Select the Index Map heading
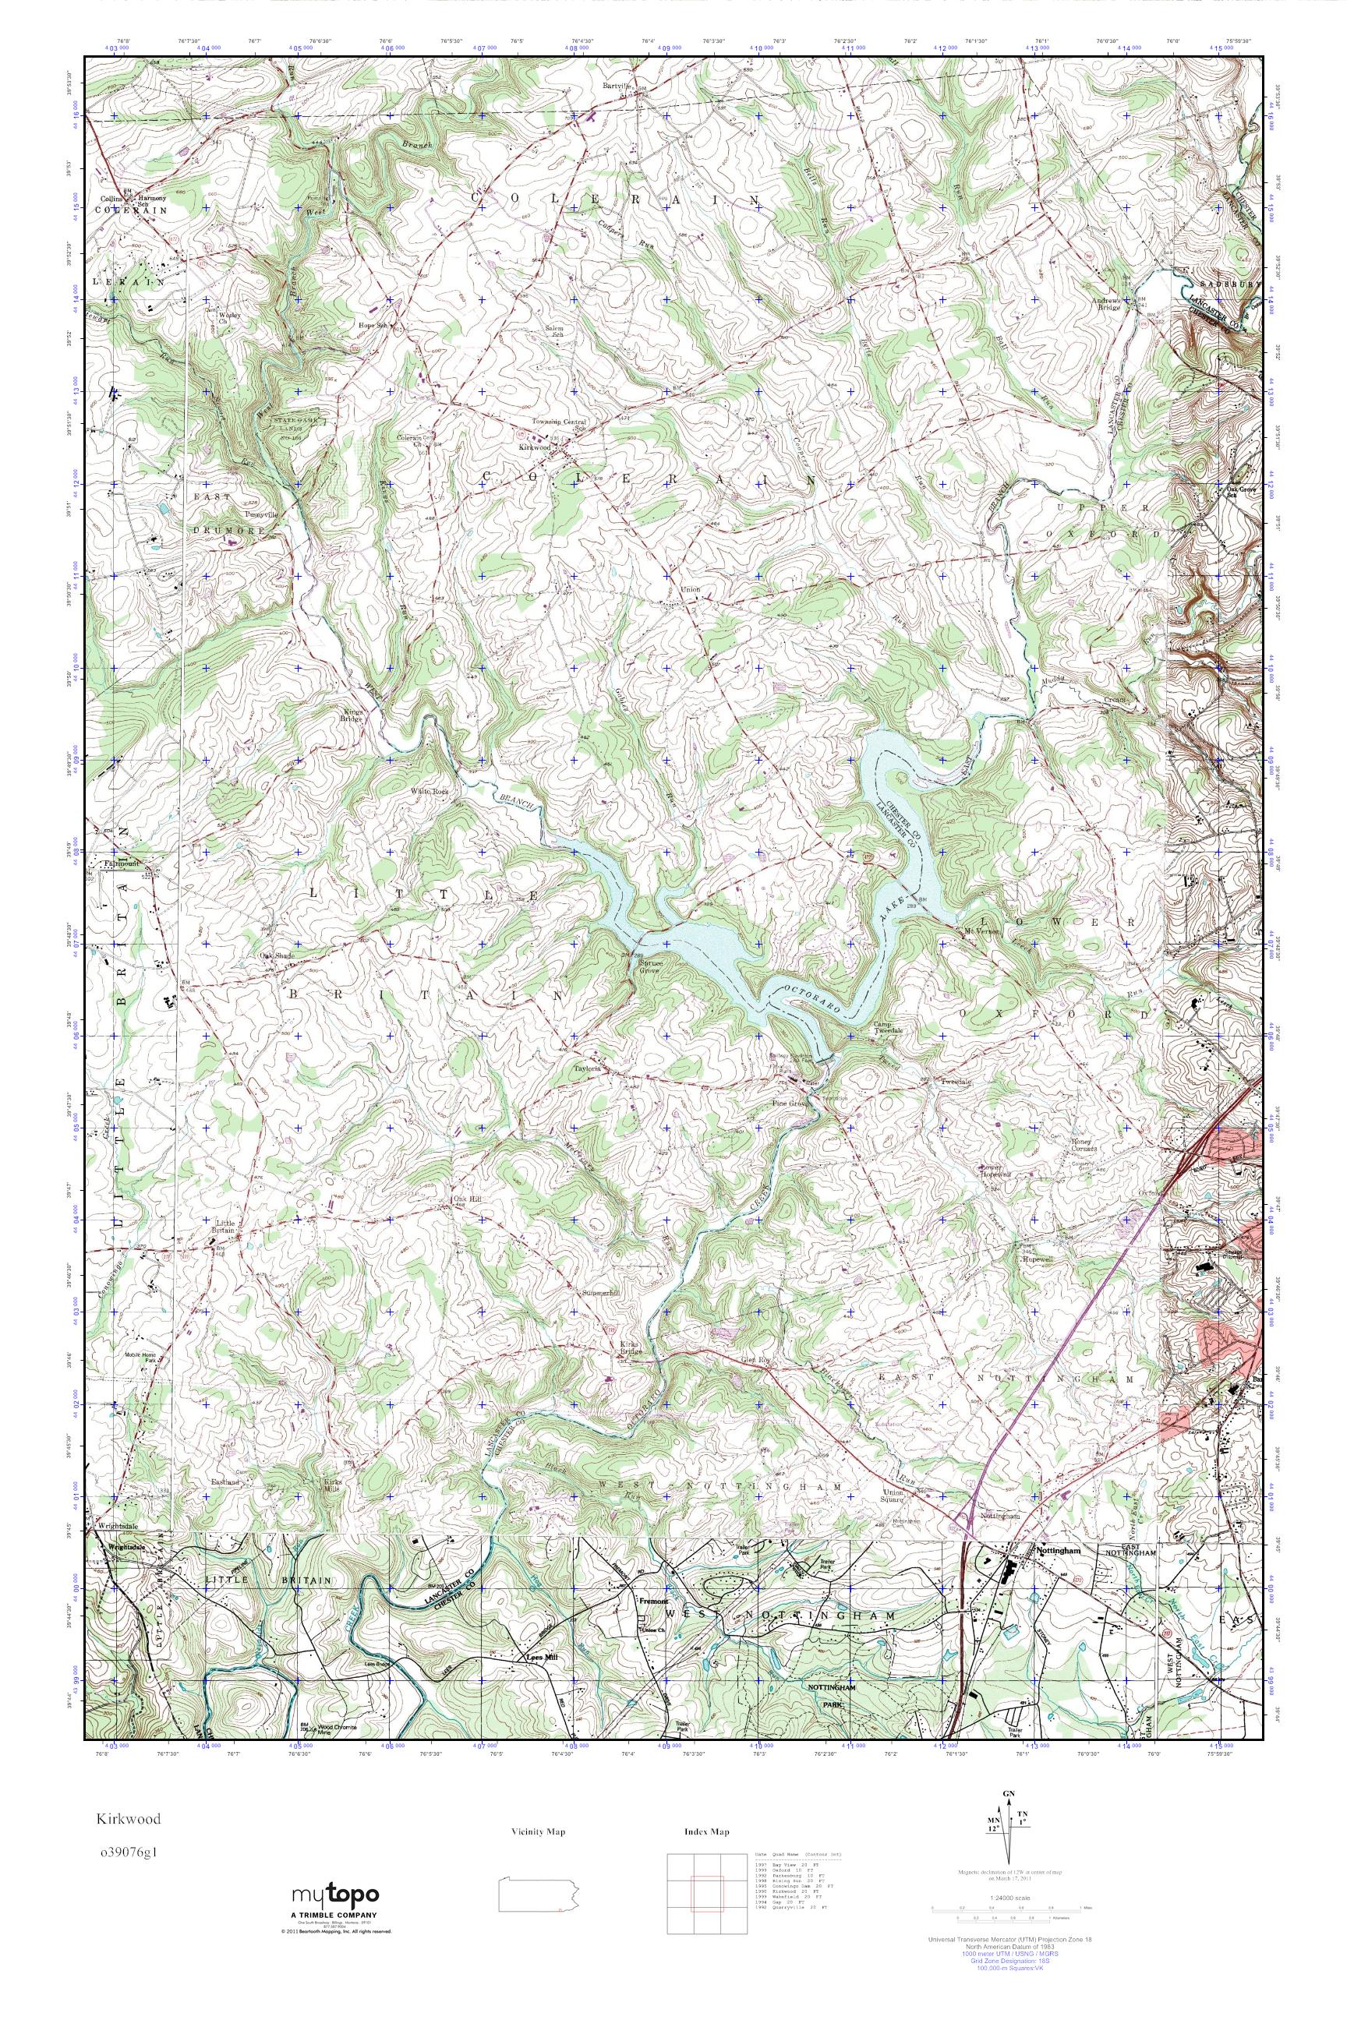pos(707,1831)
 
